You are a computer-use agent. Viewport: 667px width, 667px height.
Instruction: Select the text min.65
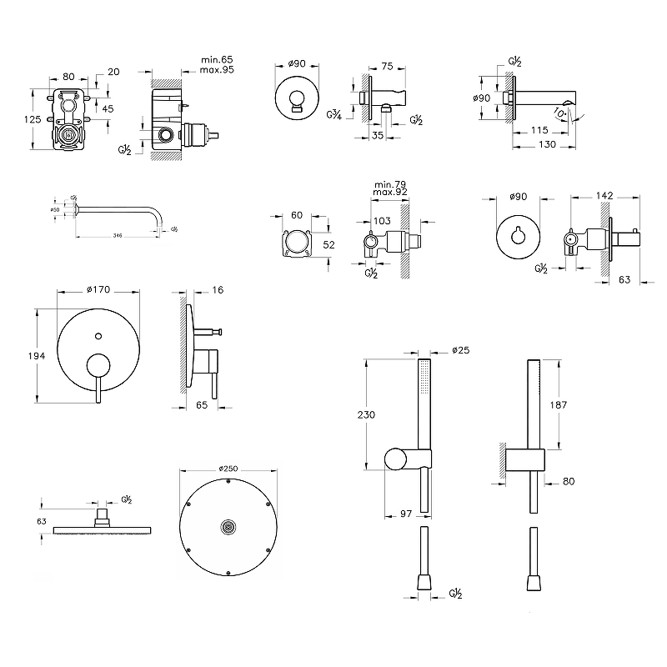[x=218, y=59]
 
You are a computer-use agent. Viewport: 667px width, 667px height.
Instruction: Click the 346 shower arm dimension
[x=118, y=237]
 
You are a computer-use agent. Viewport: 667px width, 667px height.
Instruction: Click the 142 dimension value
[x=604, y=196]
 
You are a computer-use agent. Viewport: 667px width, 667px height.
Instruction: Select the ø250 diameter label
[x=225, y=469]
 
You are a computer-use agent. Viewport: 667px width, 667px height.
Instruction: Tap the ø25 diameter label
[x=460, y=349]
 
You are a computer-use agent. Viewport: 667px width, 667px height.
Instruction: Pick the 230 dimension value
[x=366, y=414]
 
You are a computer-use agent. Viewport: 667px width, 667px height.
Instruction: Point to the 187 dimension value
[x=559, y=404]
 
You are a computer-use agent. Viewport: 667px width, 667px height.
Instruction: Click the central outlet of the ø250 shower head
[x=226, y=527]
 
